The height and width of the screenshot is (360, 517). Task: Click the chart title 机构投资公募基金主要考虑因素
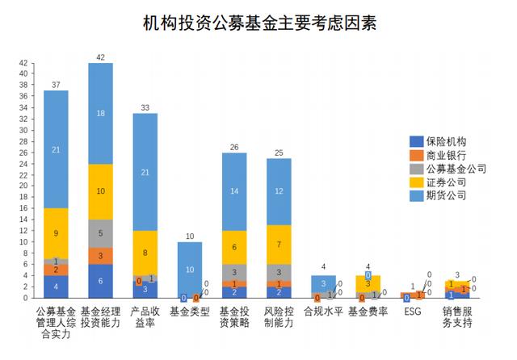(x=258, y=23)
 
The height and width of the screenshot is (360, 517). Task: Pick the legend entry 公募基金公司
(x=454, y=169)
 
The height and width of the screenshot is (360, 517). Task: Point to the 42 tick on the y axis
(x=23, y=63)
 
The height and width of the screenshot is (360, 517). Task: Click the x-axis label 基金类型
(x=190, y=310)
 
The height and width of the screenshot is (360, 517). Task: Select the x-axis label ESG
(x=413, y=310)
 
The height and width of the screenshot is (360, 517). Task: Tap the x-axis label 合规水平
(x=324, y=310)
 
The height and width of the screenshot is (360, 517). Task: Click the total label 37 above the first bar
(x=56, y=84)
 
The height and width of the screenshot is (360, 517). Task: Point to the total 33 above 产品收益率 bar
(x=145, y=107)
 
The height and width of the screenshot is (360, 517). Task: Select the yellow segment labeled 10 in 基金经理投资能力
(x=100, y=191)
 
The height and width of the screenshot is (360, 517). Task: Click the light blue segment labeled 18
(x=100, y=114)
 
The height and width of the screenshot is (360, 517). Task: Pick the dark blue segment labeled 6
(x=100, y=282)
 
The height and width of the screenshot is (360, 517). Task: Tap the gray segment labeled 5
(x=100, y=233)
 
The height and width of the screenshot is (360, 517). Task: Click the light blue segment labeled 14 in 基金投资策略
(x=234, y=191)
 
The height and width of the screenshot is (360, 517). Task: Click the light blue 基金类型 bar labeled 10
(x=190, y=270)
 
